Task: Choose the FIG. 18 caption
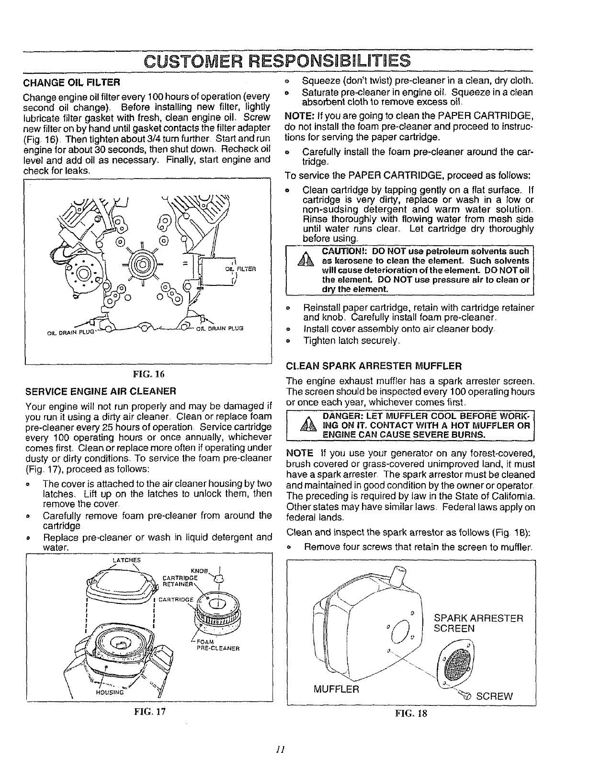pos(410,713)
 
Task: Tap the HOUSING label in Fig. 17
pos(109,692)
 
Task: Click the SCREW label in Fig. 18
pos(494,696)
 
